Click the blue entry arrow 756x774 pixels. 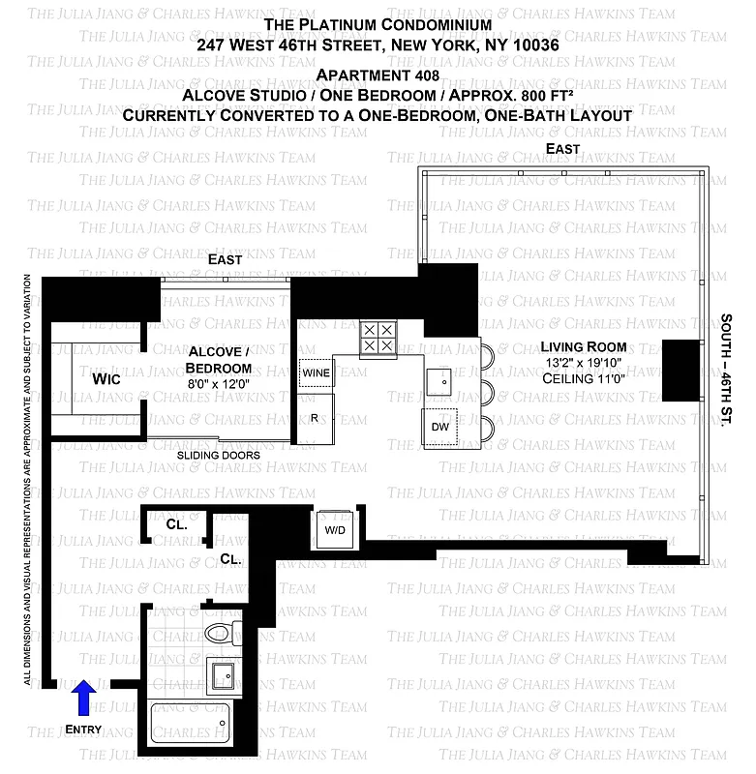[85, 696]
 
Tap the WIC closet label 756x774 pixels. [106, 379]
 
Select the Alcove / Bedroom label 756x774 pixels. [219, 359]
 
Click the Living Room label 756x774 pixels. [584, 347]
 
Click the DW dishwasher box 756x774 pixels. [440, 426]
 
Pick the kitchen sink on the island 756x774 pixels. [444, 380]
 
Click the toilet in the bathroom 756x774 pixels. [224, 634]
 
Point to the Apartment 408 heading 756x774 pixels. [378, 75]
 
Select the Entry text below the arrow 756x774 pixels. [83, 729]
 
